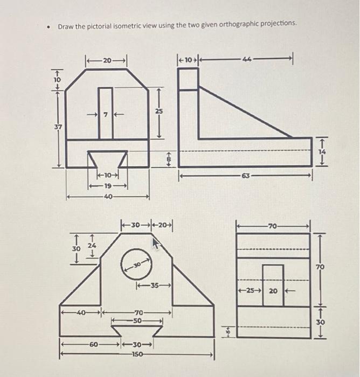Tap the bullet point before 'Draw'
(x=49, y=26)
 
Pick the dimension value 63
(x=246, y=175)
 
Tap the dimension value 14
(x=323, y=152)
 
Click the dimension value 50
(x=138, y=320)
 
